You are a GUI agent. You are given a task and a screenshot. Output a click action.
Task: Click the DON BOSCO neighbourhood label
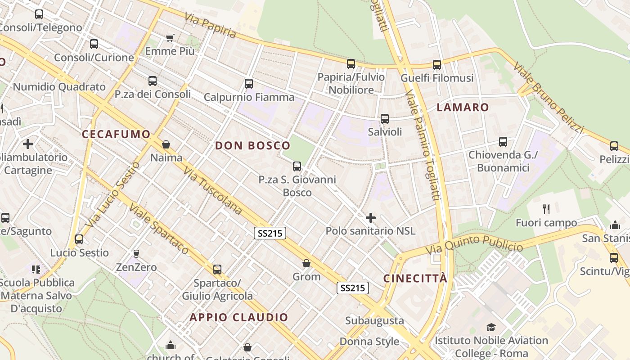[x=252, y=145]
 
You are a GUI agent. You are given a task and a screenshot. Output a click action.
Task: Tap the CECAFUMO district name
[x=116, y=134]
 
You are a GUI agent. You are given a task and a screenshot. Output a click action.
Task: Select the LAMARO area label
[x=463, y=107]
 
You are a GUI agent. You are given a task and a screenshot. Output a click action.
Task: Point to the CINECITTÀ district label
[x=415, y=278]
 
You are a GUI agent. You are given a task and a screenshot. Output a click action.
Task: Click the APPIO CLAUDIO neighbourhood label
[x=238, y=317]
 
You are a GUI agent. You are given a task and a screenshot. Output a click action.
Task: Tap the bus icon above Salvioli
[x=385, y=119]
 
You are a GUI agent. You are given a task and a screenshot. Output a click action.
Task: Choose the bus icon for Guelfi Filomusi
[x=437, y=65]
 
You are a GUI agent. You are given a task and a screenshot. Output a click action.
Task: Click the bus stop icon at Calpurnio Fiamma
[x=249, y=84]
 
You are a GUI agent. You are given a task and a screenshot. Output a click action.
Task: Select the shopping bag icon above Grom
[x=306, y=263]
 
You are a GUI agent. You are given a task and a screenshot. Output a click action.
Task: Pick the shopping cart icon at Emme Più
[x=170, y=38]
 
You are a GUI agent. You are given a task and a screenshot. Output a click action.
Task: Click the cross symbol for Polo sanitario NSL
[x=371, y=218]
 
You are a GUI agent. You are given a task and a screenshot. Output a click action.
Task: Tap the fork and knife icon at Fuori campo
[x=546, y=209]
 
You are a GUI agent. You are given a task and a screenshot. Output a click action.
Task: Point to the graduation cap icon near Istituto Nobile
[x=491, y=327]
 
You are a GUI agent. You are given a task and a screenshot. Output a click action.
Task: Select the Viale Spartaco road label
[x=159, y=229]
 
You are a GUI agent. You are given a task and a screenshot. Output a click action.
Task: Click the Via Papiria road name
[x=210, y=25]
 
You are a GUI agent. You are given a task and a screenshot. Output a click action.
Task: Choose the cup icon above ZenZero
[x=136, y=254]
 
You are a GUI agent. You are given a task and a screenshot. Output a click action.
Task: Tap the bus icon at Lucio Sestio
[x=79, y=239]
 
